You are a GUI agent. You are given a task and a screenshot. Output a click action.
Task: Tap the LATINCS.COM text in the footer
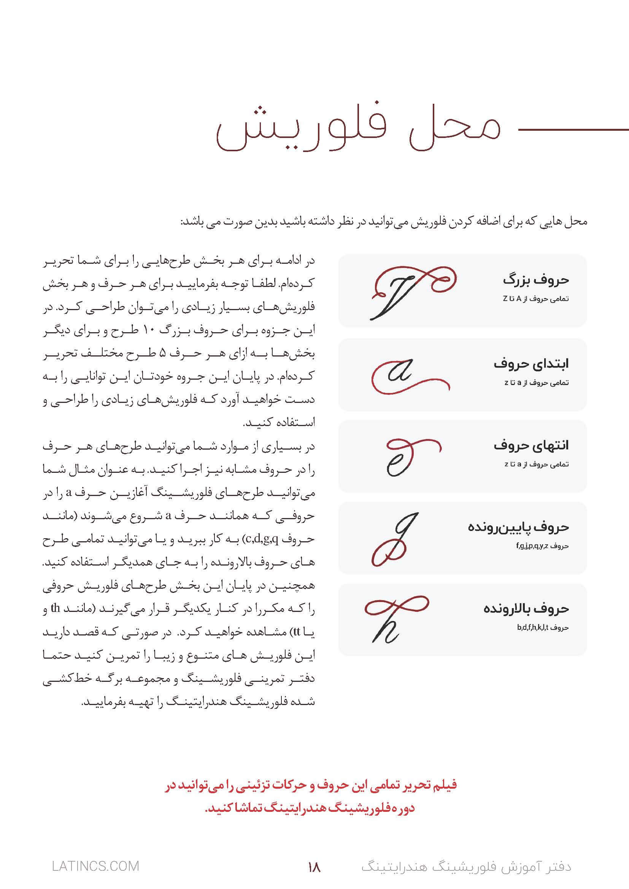(x=95, y=866)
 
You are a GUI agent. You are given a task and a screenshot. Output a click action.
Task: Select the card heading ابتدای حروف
(x=531, y=364)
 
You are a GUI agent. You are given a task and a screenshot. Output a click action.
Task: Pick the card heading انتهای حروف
(x=531, y=445)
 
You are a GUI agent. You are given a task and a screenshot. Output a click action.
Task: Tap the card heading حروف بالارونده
(x=526, y=609)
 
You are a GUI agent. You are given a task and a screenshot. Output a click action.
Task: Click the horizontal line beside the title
(x=573, y=129)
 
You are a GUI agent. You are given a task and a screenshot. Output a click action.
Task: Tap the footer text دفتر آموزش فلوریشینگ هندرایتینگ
(x=466, y=867)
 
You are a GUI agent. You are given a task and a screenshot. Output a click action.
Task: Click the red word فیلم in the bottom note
(x=445, y=785)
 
